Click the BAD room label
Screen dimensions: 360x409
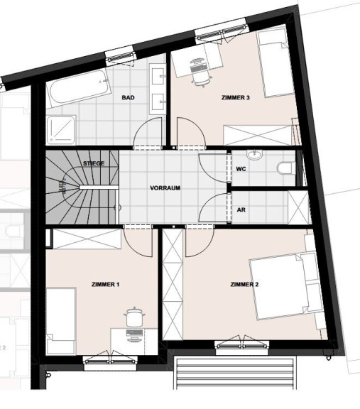[x=128, y=97]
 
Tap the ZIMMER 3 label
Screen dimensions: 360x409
[x=236, y=97]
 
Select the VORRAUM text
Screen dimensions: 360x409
[x=165, y=187]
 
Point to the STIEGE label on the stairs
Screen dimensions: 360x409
[x=94, y=163]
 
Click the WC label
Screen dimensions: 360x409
[x=241, y=169]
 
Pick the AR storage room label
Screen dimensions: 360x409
[x=241, y=209]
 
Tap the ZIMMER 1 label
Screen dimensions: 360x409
[x=105, y=284]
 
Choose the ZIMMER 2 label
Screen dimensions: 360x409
[x=244, y=284]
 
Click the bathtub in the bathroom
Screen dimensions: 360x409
[x=79, y=88]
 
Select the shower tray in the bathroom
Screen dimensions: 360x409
[x=61, y=130]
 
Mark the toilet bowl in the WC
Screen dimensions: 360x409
[x=286, y=168]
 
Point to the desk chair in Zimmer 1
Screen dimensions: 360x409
[x=134, y=317]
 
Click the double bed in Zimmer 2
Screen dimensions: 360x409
[x=285, y=285]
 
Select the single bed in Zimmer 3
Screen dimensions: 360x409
[x=276, y=62]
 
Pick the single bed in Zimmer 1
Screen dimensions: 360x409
[x=61, y=321]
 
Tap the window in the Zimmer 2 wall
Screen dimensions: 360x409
[x=242, y=345]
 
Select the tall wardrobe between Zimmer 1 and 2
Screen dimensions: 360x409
[x=173, y=284]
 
